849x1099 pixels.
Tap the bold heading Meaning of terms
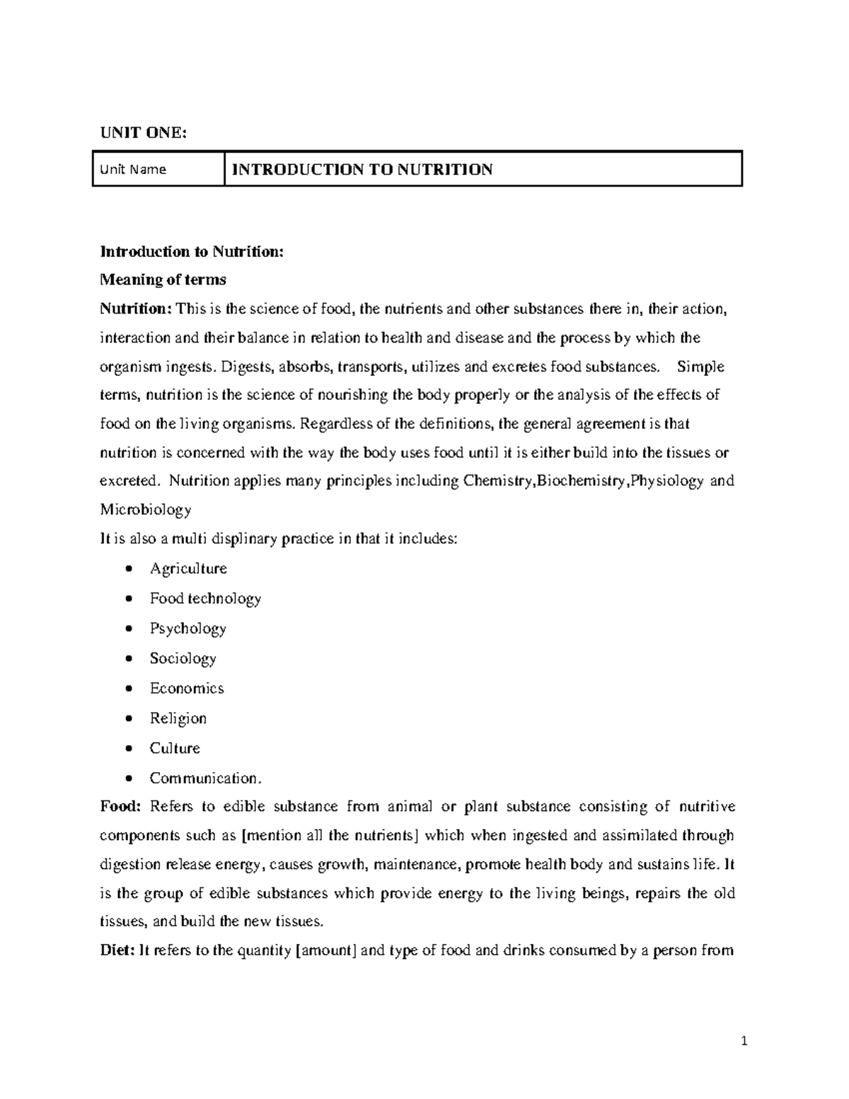tap(163, 280)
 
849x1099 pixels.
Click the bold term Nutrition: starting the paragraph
tap(136, 309)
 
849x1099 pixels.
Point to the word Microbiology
tap(145, 510)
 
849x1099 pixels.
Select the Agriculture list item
tap(188, 569)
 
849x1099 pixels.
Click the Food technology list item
tap(205, 599)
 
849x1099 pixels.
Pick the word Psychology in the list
tap(187, 628)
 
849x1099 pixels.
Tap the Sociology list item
tap(183, 658)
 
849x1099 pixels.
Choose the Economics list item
tap(187, 689)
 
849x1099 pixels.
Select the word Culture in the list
tap(175, 748)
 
